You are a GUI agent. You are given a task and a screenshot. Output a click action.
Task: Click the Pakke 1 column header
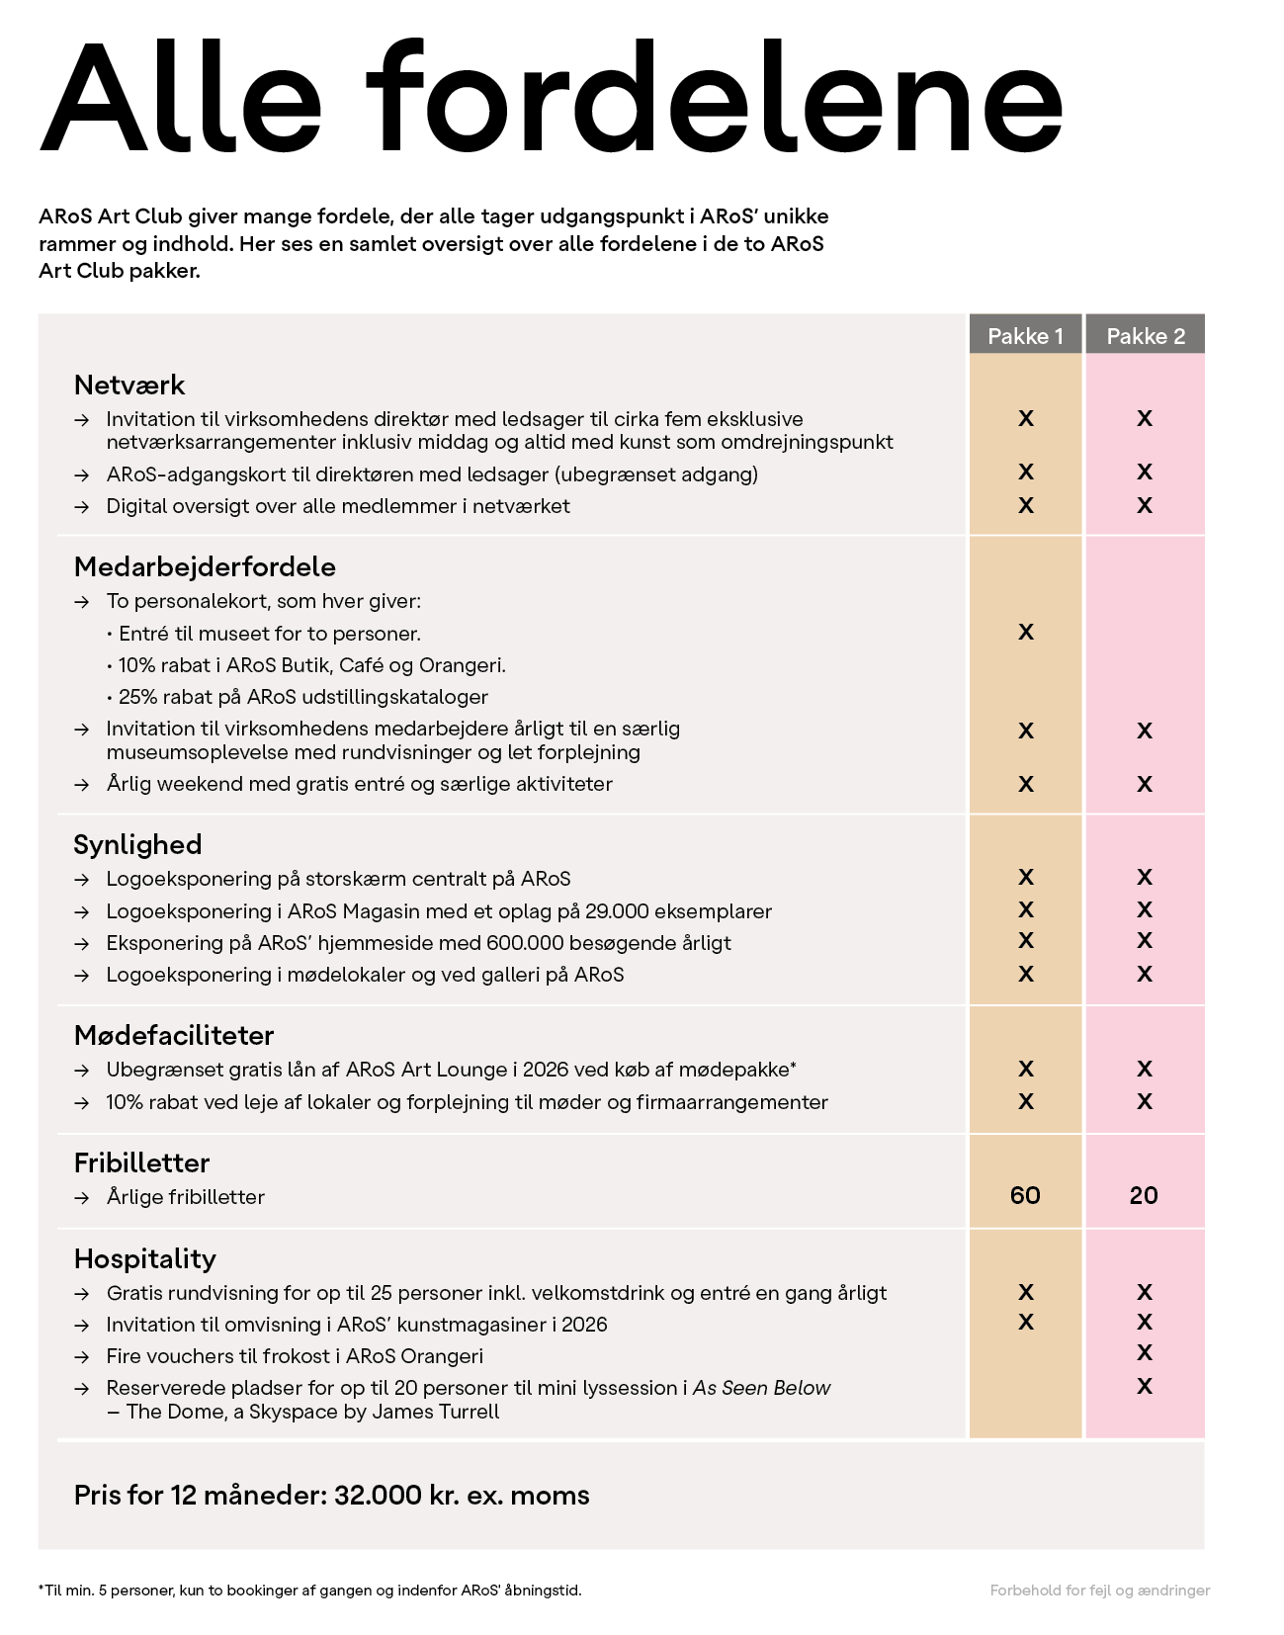(1025, 336)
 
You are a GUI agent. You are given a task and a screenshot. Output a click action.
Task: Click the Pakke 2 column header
(1145, 336)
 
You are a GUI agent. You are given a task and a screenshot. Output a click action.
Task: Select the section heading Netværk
(129, 385)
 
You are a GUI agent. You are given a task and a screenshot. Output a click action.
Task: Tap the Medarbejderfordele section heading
(205, 566)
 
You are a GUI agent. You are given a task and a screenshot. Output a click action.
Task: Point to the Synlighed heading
(137, 844)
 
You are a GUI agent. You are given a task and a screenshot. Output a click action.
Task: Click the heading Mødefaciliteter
(174, 1035)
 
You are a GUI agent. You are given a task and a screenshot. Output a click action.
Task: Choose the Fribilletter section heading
(141, 1162)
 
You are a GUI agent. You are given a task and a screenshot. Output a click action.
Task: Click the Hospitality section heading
(144, 1258)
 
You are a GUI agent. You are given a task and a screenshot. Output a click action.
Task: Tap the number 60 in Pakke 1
(1025, 1196)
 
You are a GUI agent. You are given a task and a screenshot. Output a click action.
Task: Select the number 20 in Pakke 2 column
(1144, 1196)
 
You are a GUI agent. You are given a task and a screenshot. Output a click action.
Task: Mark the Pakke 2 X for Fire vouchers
(1145, 1353)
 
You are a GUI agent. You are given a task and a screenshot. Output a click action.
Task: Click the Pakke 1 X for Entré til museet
(1026, 633)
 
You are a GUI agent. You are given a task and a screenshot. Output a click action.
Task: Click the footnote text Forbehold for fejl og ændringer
(1099, 1591)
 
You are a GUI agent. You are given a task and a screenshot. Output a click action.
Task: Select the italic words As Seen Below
(761, 1388)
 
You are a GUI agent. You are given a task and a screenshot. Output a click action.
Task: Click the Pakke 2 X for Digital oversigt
(1145, 506)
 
